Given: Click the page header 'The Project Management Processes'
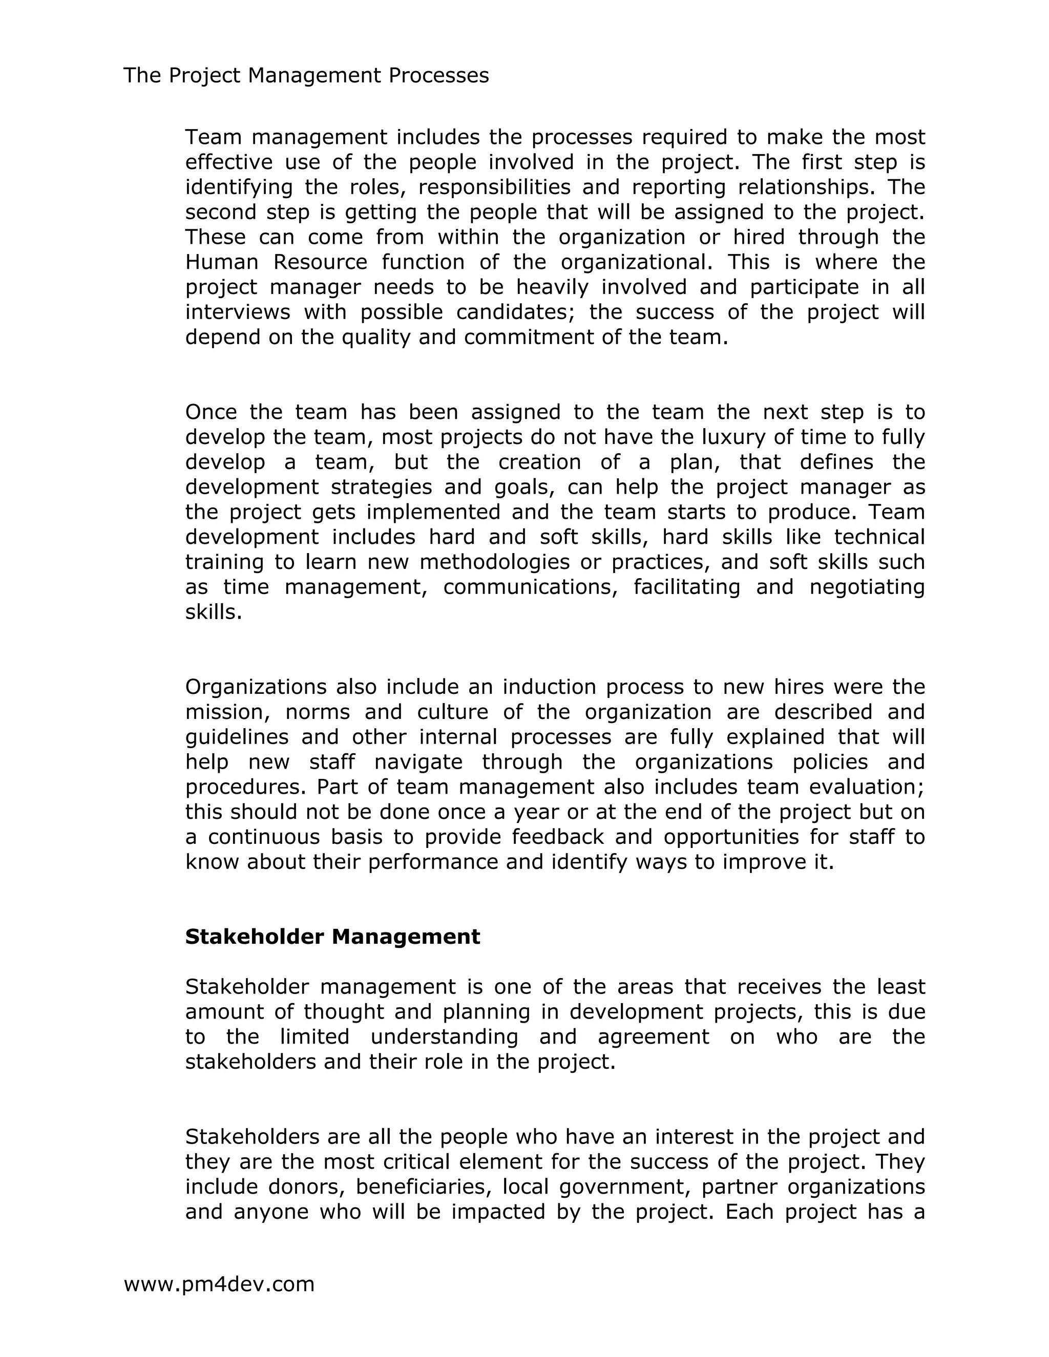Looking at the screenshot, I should pyautogui.click(x=306, y=75).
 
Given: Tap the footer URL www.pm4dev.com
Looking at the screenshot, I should pyautogui.click(x=219, y=1284).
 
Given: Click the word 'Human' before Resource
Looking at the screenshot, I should pyautogui.click(x=221, y=262).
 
